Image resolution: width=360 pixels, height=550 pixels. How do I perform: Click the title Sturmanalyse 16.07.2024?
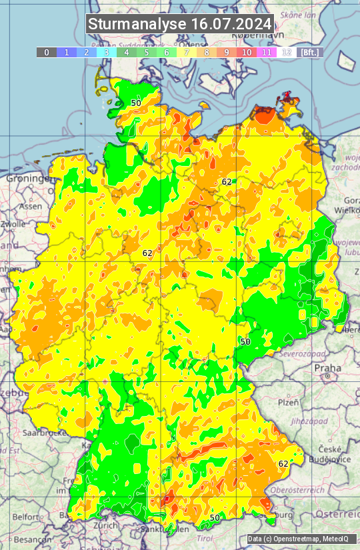180,24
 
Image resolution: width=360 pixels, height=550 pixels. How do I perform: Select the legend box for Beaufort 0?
46,52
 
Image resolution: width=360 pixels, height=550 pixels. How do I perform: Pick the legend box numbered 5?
146,52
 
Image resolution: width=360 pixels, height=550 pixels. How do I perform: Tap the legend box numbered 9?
227,52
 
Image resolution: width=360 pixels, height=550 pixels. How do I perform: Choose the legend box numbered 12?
287,52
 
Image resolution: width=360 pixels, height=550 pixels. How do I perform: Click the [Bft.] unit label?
309,52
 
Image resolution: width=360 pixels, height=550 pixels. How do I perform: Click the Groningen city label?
29,179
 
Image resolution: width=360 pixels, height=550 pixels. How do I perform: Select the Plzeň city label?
288,402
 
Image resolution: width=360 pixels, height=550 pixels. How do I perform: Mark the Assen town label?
30,207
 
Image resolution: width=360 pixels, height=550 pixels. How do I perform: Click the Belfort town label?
25,517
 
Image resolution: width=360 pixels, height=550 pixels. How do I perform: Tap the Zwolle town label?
13,224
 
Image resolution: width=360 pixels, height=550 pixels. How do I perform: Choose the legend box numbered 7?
187,52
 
